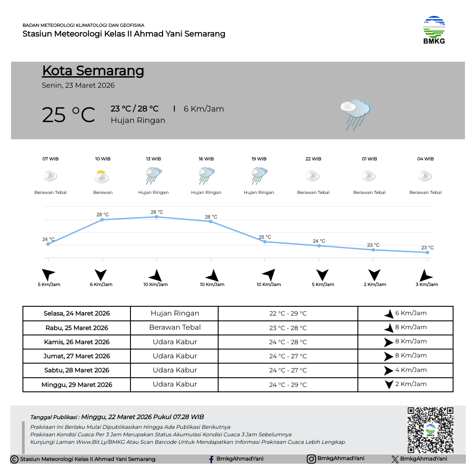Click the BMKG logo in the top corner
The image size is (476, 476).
[x=434, y=30]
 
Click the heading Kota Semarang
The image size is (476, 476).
[x=93, y=71]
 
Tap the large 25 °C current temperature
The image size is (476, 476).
[x=68, y=115]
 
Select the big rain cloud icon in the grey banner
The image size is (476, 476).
[x=357, y=114]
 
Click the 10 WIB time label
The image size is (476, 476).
[x=103, y=159]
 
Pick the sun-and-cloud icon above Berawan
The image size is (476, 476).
[x=102, y=177]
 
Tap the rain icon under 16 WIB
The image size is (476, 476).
[x=206, y=176]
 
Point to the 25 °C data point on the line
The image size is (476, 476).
[x=265, y=242]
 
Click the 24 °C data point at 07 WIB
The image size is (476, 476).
[x=48, y=244]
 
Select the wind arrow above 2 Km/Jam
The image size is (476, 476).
[x=375, y=275]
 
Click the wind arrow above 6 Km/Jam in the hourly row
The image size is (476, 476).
[x=101, y=275]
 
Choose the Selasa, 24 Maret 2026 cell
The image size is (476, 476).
[x=77, y=313]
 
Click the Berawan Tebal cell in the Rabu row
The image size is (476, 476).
[x=175, y=327]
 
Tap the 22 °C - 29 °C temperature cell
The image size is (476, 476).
[x=288, y=313]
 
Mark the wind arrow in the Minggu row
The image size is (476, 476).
[x=389, y=384]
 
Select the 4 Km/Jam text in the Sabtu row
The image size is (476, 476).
[x=411, y=370]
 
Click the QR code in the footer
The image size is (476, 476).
[x=430, y=430]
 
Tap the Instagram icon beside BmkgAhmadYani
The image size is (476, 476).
[x=311, y=459]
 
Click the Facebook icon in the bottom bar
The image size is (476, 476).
[x=212, y=459]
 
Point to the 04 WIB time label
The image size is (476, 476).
[x=425, y=159]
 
